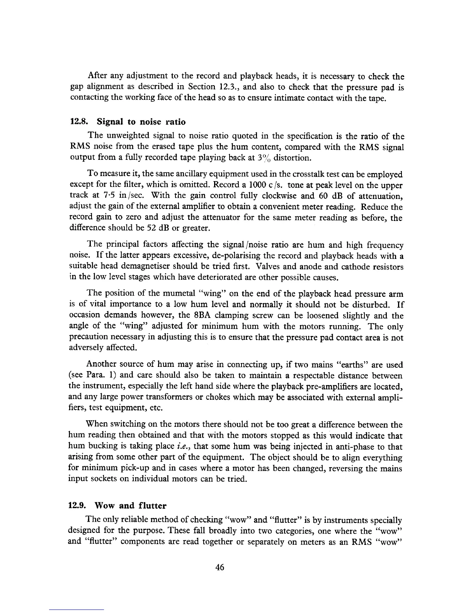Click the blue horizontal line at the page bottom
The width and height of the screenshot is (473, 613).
[77, 610]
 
